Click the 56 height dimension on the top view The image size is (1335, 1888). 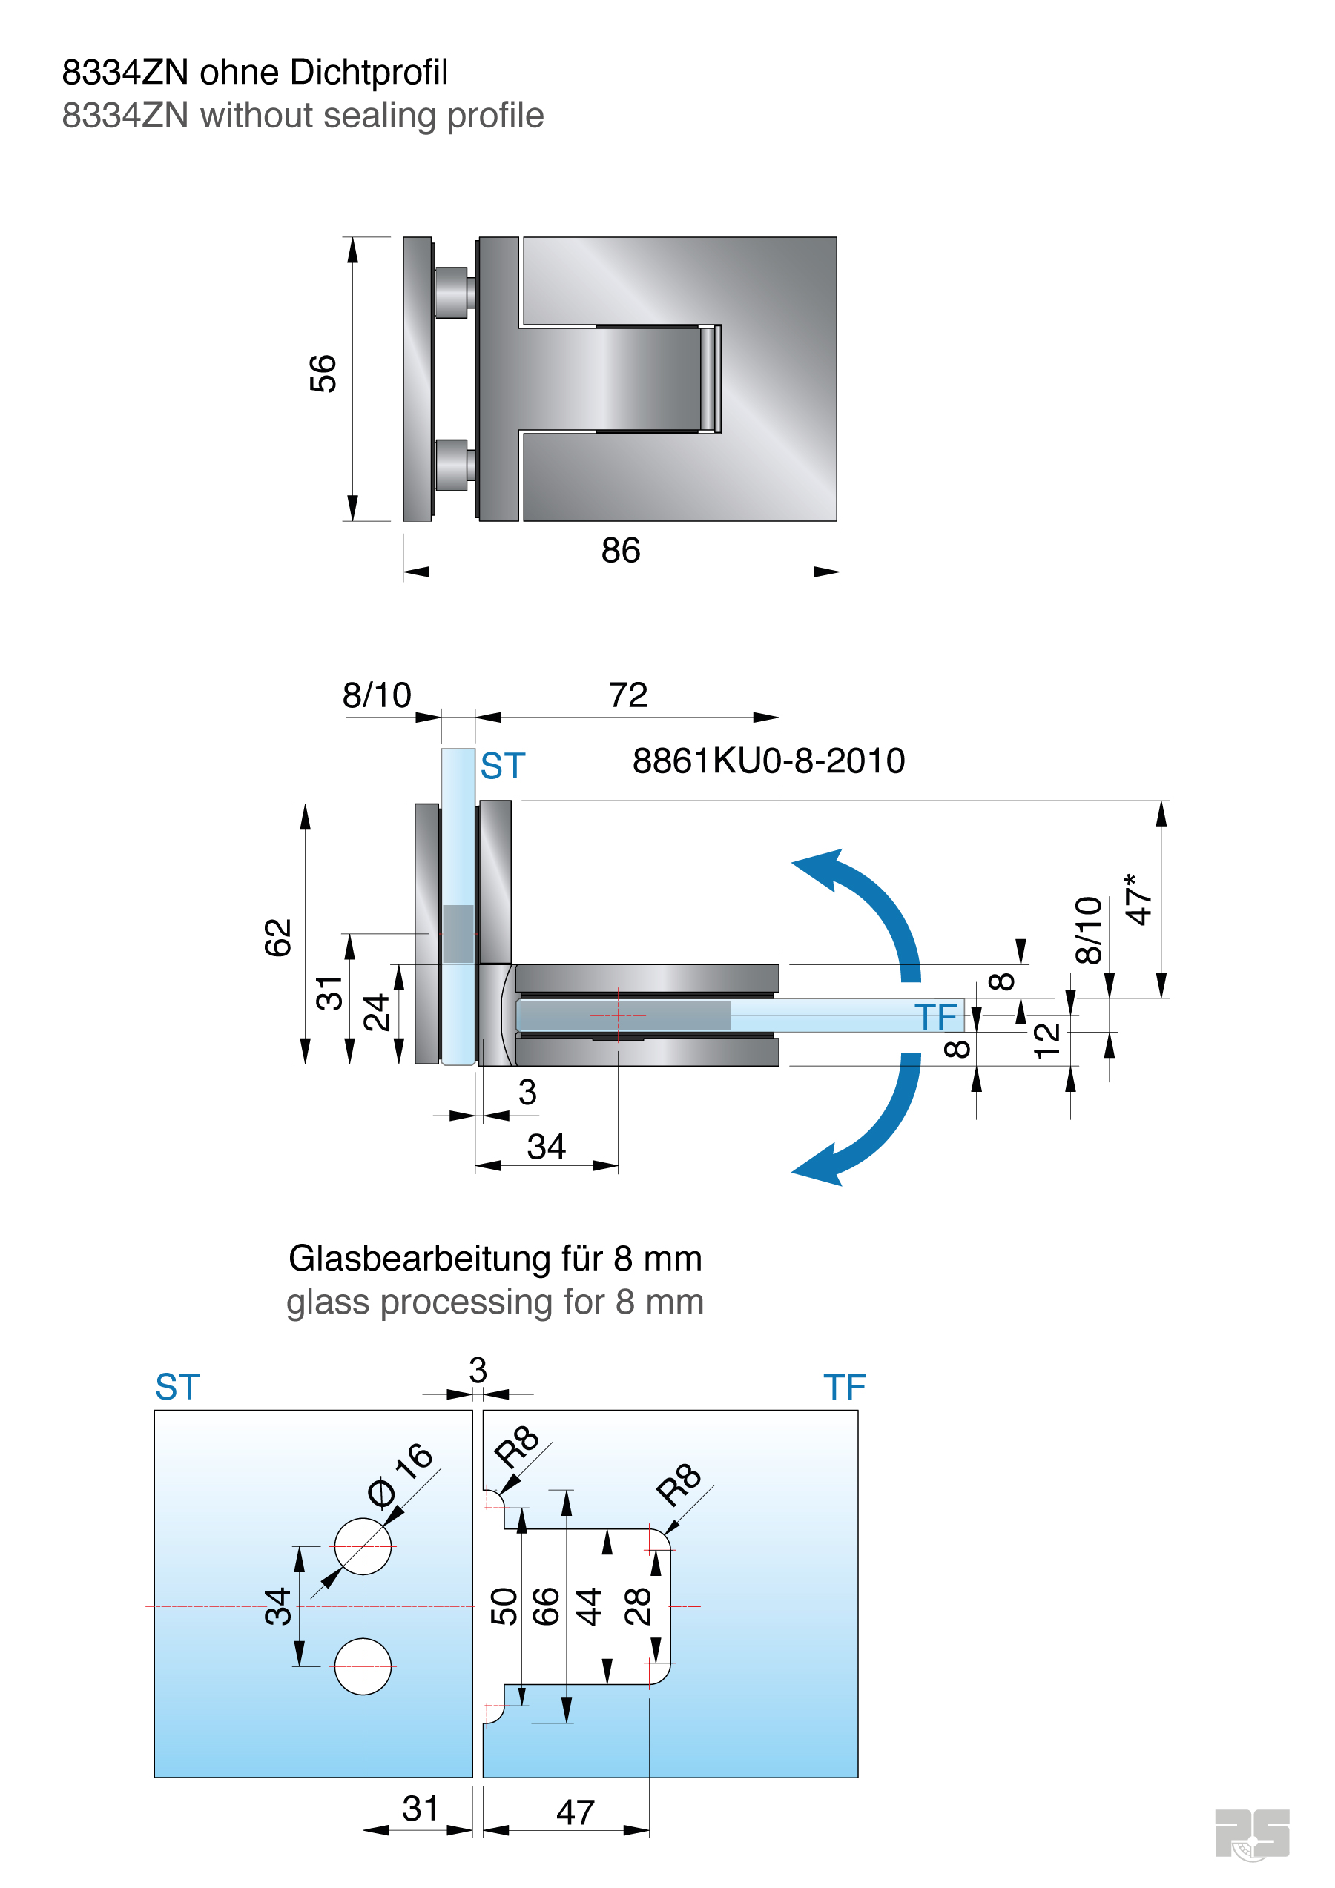pos(323,374)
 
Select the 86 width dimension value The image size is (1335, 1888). pos(620,550)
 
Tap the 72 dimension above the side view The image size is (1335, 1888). pos(627,695)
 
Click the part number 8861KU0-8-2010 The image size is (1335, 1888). pos(768,761)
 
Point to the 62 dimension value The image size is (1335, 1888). pos(278,938)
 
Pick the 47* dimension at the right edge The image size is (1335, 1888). pos(1138,900)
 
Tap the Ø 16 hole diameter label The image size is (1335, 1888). pos(400,1476)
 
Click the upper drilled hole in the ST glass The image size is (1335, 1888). pos(363,1546)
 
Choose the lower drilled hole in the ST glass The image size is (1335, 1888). pos(363,1666)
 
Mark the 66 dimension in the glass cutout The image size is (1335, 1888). pos(546,1606)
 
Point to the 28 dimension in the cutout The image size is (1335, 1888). pos(638,1606)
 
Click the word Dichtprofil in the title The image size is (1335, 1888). pos(369,73)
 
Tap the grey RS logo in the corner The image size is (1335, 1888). pos(1251,1833)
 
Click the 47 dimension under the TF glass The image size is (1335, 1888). pos(575,1812)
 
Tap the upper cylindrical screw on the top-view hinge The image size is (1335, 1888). pos(452,292)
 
